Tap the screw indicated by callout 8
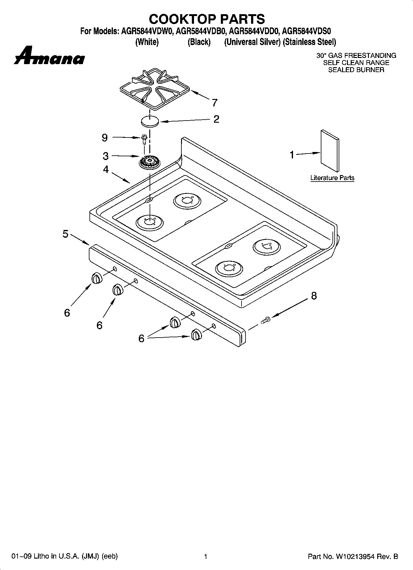[265, 320]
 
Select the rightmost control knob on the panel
[196, 334]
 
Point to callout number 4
[106, 169]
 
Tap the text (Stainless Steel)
[309, 42]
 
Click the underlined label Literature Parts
[332, 178]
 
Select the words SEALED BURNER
[356, 70]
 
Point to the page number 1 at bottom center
[205, 556]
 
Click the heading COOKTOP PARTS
[207, 19]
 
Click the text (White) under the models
[147, 42]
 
